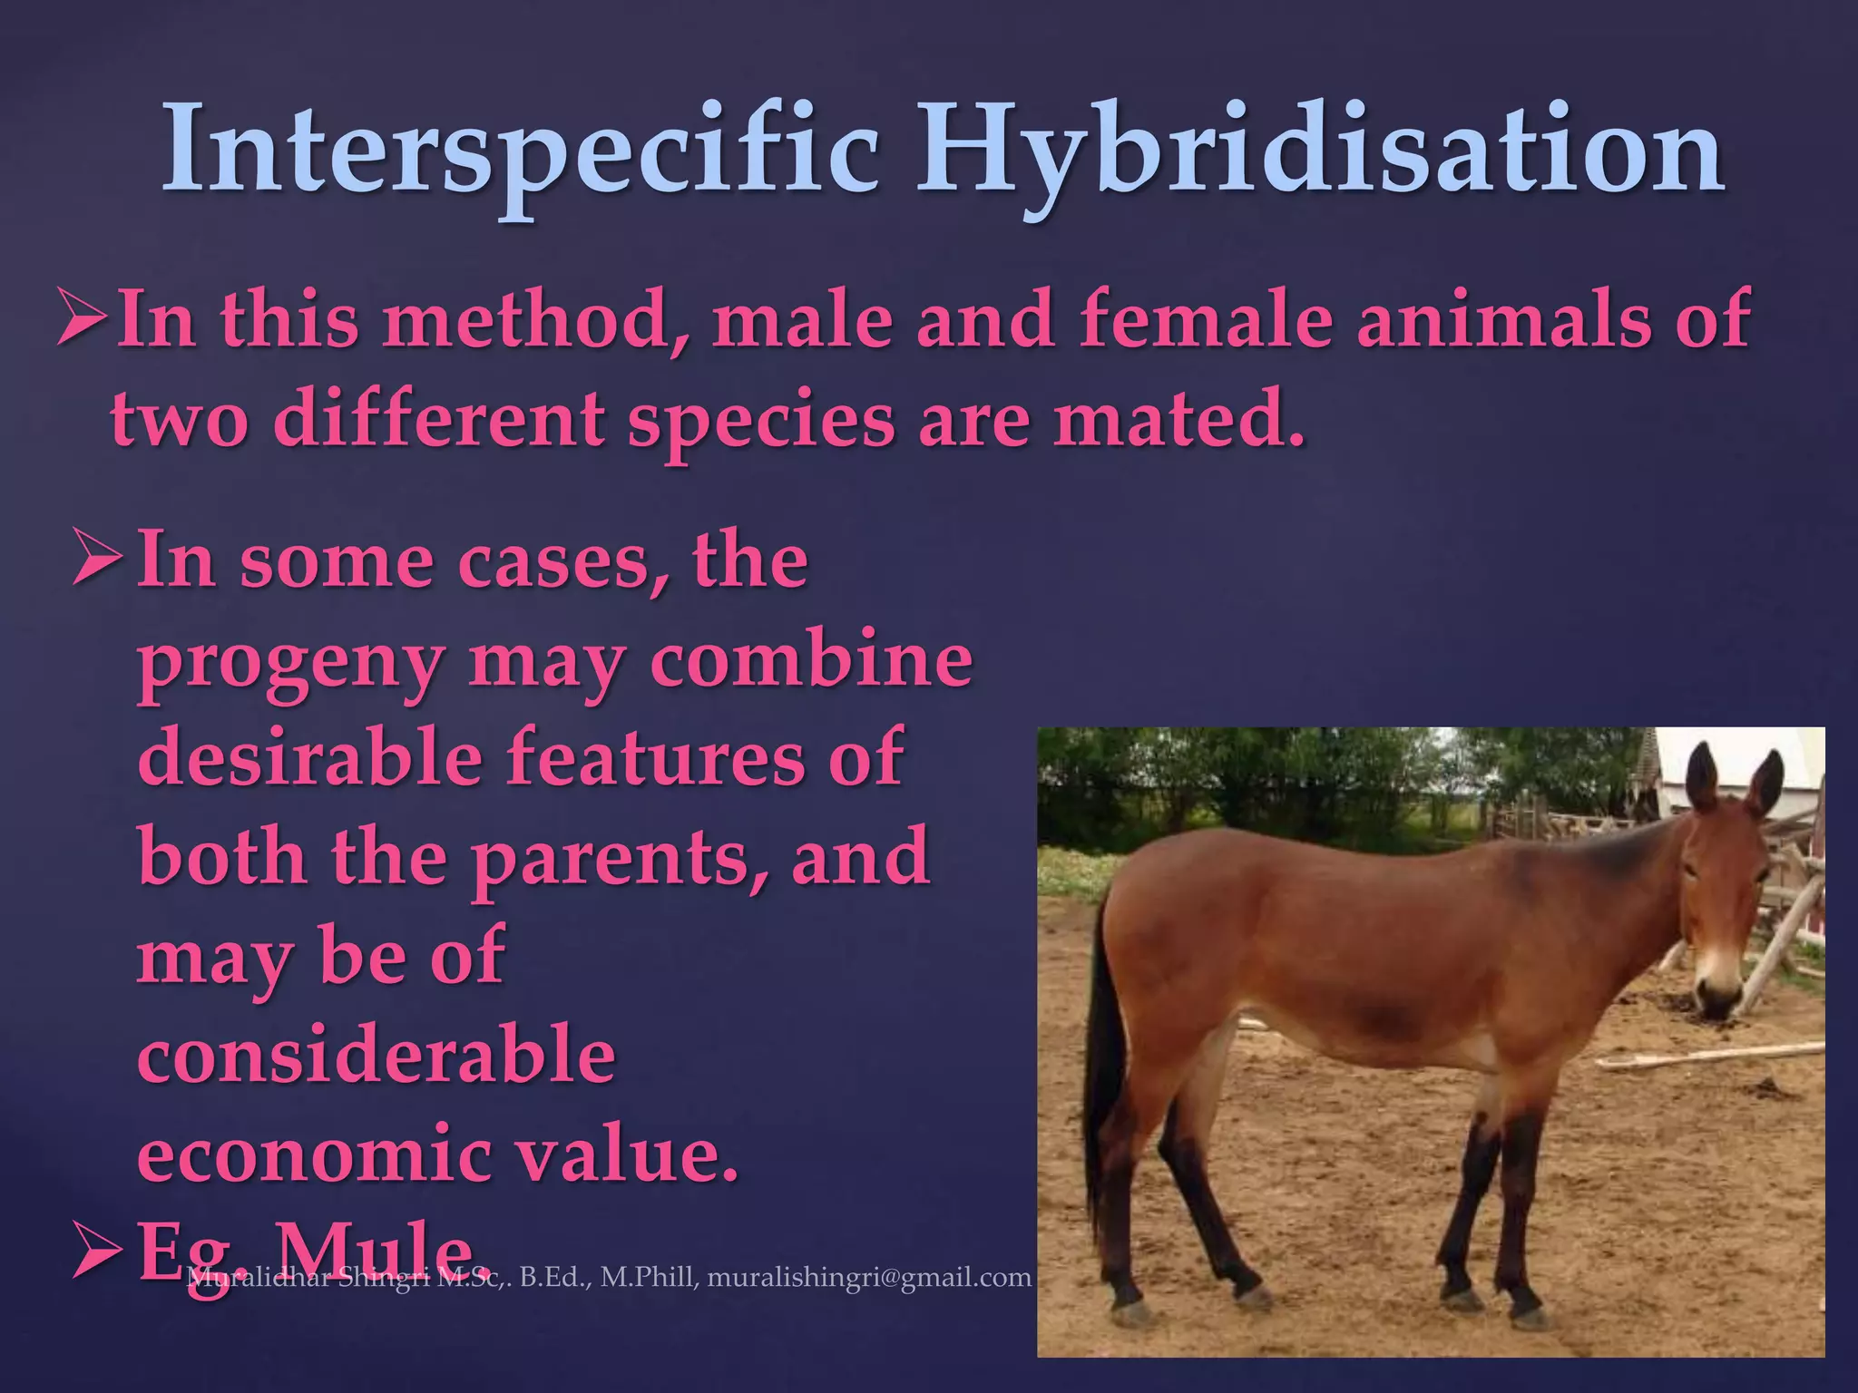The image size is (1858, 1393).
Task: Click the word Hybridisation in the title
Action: click(x=1320, y=150)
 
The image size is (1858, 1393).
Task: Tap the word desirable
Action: click(x=309, y=757)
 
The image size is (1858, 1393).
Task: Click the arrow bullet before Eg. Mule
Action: click(x=97, y=1256)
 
